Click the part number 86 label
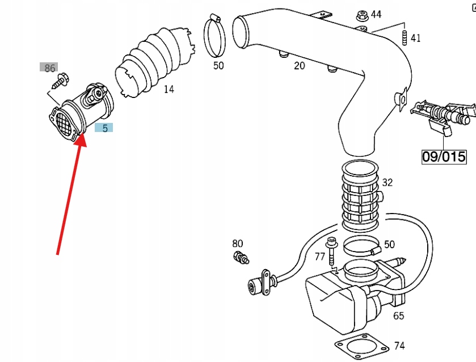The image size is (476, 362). click(49, 68)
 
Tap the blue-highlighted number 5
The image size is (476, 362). click(104, 128)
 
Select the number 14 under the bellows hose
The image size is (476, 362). click(169, 89)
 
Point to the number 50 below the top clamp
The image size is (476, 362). click(218, 66)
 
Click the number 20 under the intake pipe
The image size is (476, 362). click(299, 66)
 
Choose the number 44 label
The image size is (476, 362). click(376, 14)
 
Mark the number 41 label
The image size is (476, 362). click(416, 38)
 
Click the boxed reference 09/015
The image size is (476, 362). click(444, 156)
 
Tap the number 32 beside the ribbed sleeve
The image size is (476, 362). click(387, 182)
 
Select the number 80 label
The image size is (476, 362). click(237, 244)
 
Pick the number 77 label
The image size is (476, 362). click(320, 256)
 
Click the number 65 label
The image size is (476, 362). click(399, 316)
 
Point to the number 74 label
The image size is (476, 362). click(399, 345)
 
